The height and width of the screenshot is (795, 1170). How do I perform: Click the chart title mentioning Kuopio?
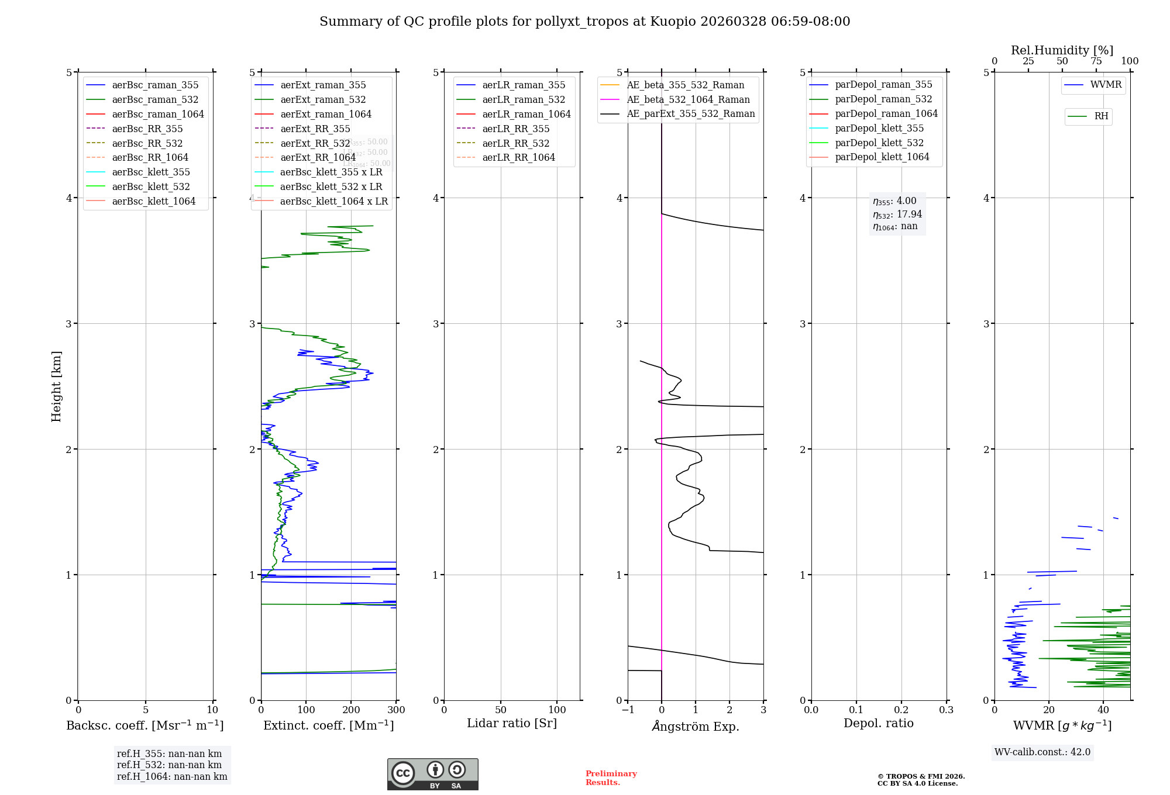[584, 22]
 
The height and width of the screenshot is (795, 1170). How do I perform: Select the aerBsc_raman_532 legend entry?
[155, 100]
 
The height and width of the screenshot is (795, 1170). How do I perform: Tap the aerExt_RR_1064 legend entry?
[318, 158]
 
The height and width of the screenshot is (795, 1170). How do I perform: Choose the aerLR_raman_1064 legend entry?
[526, 115]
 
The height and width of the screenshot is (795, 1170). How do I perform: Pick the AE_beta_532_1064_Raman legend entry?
[688, 100]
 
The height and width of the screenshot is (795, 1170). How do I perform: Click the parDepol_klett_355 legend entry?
[879, 129]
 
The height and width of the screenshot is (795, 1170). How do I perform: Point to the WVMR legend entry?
[1105, 85]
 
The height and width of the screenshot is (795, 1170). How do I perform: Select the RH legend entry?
[1101, 116]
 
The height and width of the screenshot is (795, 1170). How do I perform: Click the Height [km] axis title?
[56, 386]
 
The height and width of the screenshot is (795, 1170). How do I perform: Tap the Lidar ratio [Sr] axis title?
[512, 724]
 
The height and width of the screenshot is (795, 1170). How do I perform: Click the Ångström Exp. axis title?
[696, 727]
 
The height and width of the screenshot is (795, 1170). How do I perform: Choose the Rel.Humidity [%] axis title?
[1062, 50]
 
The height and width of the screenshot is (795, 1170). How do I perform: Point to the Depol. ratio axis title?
[878, 724]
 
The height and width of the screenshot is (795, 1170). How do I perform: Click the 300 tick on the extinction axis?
[396, 710]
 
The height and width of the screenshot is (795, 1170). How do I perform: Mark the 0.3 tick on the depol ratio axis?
[946, 710]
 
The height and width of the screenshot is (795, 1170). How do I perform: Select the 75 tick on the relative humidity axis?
[1096, 61]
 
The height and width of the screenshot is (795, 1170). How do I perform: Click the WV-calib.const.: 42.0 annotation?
[1042, 752]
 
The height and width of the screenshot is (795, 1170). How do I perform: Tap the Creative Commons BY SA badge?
[432, 775]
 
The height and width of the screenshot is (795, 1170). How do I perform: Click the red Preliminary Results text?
[611, 778]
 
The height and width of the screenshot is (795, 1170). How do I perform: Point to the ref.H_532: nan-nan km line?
[169, 765]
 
